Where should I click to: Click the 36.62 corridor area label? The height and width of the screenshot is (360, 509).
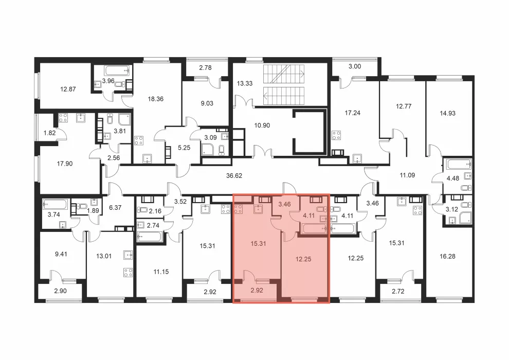point(234,175)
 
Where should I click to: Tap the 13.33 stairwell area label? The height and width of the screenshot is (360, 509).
point(244,83)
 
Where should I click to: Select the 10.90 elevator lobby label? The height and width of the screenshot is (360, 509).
point(262,125)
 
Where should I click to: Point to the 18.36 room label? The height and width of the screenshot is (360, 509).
point(155,99)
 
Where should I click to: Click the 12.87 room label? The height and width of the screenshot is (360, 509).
point(68,89)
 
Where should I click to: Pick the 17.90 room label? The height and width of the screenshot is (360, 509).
point(65,164)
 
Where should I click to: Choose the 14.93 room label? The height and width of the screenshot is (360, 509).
point(447,113)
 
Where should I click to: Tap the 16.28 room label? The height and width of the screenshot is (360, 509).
point(447,256)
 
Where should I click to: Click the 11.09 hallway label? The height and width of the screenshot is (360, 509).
point(407,175)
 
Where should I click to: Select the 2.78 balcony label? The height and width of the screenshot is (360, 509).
point(205,68)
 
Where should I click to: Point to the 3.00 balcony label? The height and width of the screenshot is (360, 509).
point(354,66)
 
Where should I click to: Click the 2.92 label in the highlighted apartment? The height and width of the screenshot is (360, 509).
point(257,290)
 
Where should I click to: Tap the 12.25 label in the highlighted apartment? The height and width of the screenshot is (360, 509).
point(303,259)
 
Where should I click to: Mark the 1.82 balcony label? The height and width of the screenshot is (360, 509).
point(49,133)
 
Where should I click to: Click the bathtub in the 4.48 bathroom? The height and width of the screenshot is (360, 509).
point(459,164)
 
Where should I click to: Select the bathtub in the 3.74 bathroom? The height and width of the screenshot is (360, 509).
point(55,205)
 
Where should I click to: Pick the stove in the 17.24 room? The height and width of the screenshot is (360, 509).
point(336,135)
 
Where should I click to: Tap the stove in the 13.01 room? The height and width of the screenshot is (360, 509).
point(128,273)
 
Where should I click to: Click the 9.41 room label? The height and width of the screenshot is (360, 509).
point(61,254)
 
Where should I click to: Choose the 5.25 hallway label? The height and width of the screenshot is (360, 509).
point(184,148)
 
